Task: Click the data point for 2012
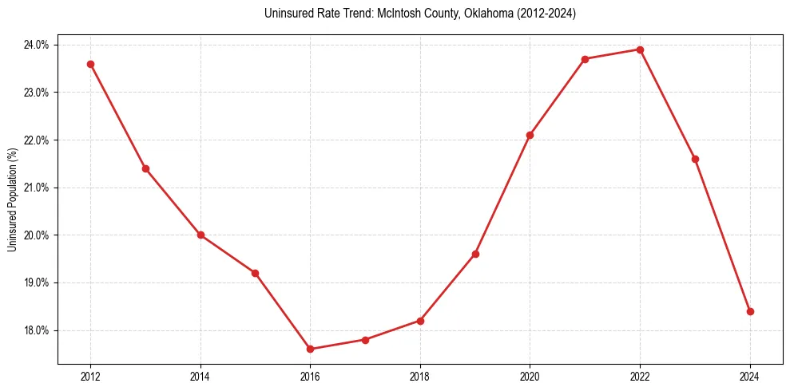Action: coord(90,64)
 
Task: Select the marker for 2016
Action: coord(310,349)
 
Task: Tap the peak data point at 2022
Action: coord(640,49)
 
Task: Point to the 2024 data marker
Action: coord(750,311)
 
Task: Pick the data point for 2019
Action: coord(475,254)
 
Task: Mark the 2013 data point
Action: coord(145,168)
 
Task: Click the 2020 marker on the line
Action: coord(530,135)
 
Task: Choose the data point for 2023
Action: coord(695,159)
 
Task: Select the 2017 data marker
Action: coord(365,340)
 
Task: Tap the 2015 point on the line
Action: coord(255,273)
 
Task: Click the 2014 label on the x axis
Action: coord(200,376)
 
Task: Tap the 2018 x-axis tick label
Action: coord(420,376)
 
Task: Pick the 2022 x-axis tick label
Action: coord(640,376)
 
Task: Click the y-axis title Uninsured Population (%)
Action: coord(12,199)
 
